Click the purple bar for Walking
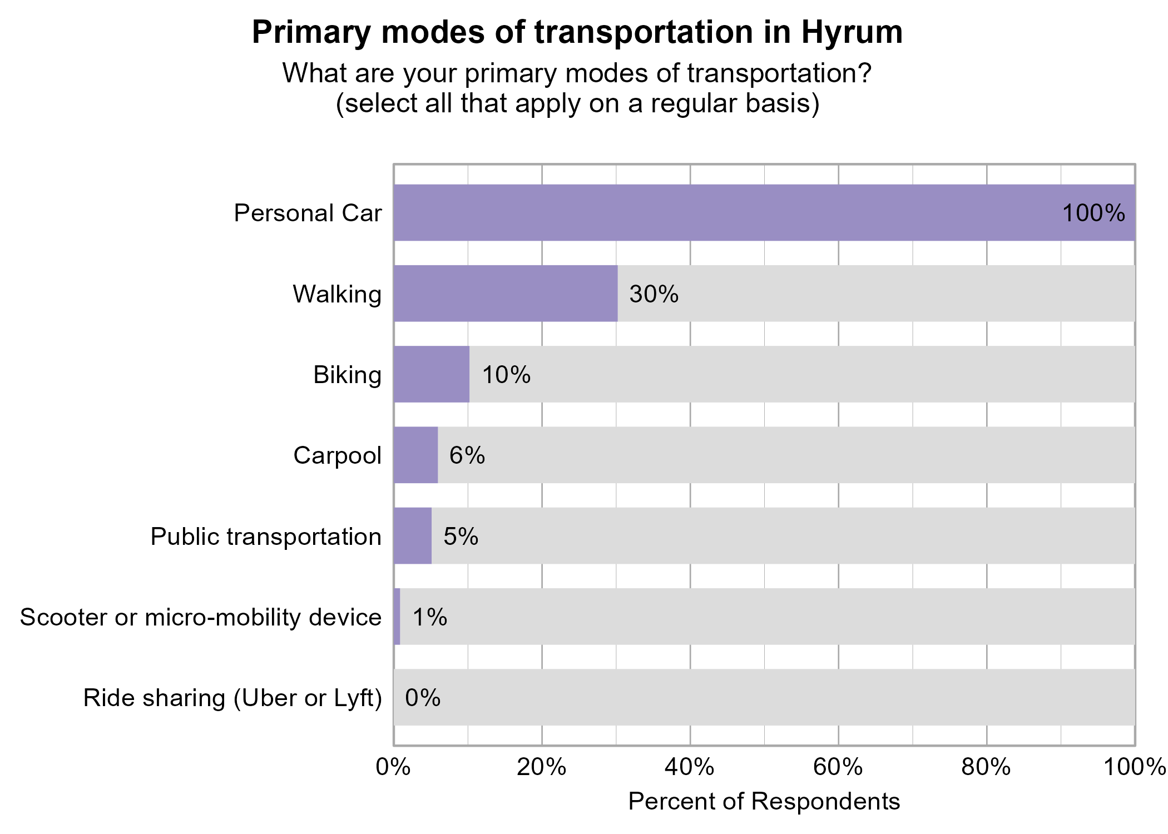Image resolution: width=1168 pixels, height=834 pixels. pyautogui.click(x=505, y=294)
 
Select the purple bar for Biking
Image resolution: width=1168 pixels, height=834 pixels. pyautogui.click(x=431, y=374)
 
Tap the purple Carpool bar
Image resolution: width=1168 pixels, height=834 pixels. pyautogui.click(x=415, y=455)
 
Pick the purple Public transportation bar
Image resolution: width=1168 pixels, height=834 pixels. pyautogui.click(x=412, y=536)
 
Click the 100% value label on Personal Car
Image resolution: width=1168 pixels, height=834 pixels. pyautogui.click(x=1093, y=214)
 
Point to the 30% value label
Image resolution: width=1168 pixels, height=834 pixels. pyautogui.click(x=654, y=294)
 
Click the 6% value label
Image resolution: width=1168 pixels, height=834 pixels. pyautogui.click(x=467, y=455)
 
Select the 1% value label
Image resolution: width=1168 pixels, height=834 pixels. pyautogui.click(x=429, y=617)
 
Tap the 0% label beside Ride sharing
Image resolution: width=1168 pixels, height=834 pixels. pyautogui.click(x=422, y=698)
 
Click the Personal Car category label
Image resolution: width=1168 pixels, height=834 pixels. pyautogui.click(x=308, y=214)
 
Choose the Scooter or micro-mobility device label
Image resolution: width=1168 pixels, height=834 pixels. pyautogui.click(x=201, y=617)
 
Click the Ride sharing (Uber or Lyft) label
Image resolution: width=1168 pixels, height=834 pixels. pyautogui.click(x=232, y=698)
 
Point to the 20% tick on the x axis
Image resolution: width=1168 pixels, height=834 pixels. pyautogui.click(x=541, y=767)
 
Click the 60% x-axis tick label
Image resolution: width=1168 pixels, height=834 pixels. pyautogui.click(x=838, y=767)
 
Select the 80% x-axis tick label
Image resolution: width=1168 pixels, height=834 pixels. pyautogui.click(x=986, y=767)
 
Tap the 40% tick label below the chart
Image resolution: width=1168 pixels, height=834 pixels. pyautogui.click(x=690, y=767)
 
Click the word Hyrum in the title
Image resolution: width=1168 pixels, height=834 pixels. pyautogui.click(x=852, y=32)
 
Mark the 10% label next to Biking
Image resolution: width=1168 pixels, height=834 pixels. pyautogui.click(x=506, y=375)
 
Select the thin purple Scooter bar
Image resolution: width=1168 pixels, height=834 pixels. pyautogui.click(x=397, y=617)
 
